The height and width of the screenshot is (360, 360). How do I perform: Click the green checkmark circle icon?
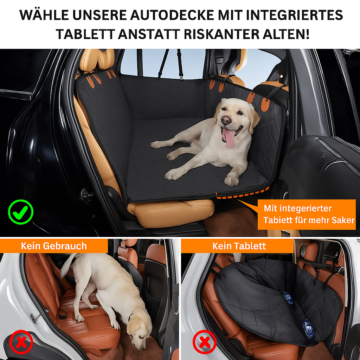point(21,212)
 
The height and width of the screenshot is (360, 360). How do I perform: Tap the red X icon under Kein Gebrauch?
point(21,342)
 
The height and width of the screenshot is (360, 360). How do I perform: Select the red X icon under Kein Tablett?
point(204,342)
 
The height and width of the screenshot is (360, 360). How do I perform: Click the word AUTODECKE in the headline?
point(172,15)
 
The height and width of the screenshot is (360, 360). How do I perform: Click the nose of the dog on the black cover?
point(226,120)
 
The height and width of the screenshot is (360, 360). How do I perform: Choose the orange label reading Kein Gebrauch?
point(54,246)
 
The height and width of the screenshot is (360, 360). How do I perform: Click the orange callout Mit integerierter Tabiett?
point(307,214)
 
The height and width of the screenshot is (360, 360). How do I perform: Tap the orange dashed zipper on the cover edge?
point(243,193)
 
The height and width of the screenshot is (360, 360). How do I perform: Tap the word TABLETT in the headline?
point(85,34)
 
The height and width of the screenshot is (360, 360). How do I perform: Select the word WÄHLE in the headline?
point(44,15)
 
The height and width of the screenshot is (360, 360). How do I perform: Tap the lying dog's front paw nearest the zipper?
point(231,180)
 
